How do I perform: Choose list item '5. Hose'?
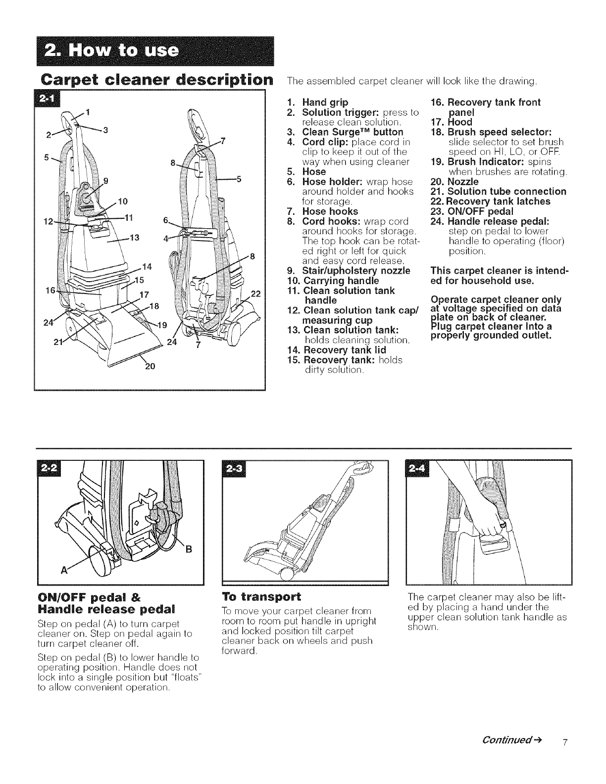[x=306, y=172]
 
